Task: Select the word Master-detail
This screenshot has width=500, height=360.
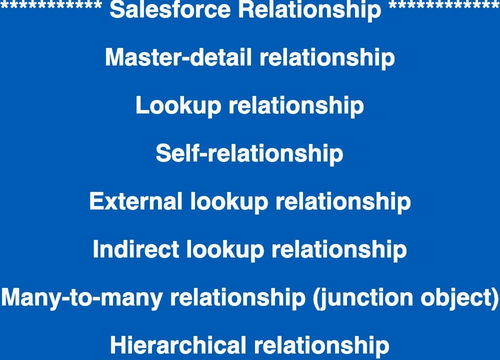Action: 178,58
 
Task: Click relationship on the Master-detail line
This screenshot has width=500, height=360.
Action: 326,58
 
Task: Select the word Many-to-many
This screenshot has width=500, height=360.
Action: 82,297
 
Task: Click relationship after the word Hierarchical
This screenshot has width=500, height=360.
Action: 321,345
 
